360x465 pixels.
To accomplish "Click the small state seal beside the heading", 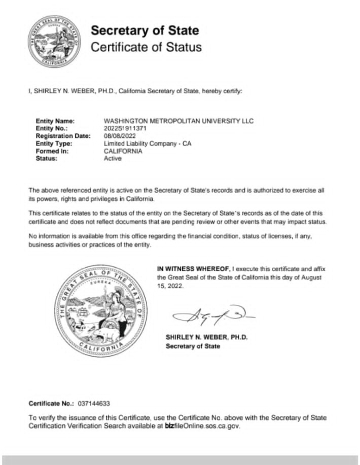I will [x=54, y=43].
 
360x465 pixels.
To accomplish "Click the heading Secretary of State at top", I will [x=145, y=30].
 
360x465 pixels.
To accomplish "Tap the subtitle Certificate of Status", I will [x=146, y=47].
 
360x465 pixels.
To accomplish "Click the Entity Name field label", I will [x=55, y=121].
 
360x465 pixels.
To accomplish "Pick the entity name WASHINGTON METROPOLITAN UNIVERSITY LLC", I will [x=178, y=121].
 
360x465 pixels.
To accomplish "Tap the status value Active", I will [x=113, y=158].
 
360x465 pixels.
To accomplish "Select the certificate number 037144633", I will [x=93, y=404].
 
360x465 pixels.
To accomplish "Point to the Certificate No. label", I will [x=51, y=404].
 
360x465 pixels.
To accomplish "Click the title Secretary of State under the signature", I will [x=193, y=346].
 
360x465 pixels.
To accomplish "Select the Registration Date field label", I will [x=63, y=136].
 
